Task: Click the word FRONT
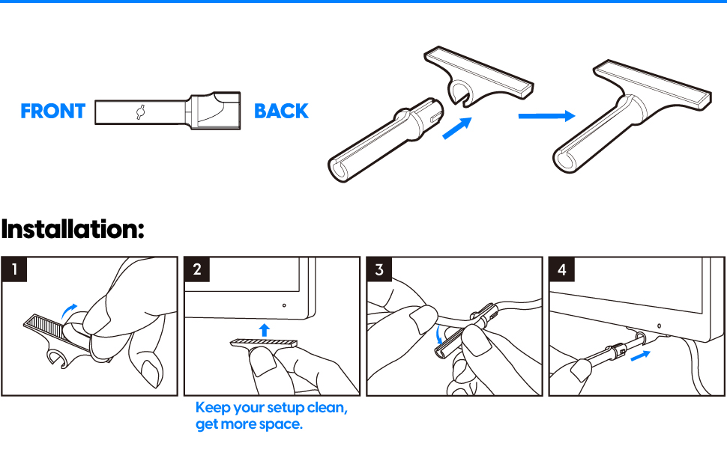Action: click(x=53, y=111)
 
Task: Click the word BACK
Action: click(x=281, y=111)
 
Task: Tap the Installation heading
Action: click(x=73, y=229)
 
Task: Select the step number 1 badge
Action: click(x=14, y=269)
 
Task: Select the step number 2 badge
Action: click(x=196, y=269)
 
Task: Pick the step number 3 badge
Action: click(x=378, y=269)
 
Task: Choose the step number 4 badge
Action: click(x=561, y=269)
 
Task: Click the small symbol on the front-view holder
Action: click(x=141, y=112)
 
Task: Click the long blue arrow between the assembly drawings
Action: click(x=546, y=116)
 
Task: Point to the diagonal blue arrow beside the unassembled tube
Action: click(x=457, y=128)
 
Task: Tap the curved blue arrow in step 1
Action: click(x=69, y=311)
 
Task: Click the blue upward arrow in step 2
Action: click(x=265, y=330)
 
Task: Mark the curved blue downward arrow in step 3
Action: click(x=439, y=335)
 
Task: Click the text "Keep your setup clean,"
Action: click(x=271, y=408)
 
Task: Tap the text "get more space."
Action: click(x=249, y=424)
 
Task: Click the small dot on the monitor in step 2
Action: click(x=284, y=305)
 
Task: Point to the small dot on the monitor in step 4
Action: click(x=660, y=326)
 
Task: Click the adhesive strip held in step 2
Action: click(x=264, y=343)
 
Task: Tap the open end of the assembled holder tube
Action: click(x=564, y=161)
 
